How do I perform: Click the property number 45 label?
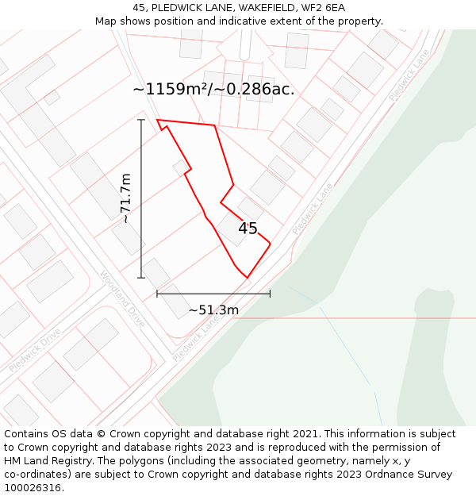coord(248,229)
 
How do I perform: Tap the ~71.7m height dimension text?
coord(125,198)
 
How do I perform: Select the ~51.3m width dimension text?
coord(213,310)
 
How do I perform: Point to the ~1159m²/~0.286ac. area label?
coord(213,89)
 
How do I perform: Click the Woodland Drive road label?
coord(122,299)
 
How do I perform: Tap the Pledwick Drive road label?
coord(35,351)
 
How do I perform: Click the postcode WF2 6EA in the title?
coord(324,8)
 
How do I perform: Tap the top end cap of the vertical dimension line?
coord(141,120)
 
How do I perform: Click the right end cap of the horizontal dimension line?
coord(270,294)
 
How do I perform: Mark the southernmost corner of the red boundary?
coord(248,278)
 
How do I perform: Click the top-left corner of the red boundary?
coord(157,121)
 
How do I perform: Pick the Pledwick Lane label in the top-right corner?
coord(409,75)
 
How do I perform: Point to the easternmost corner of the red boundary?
coord(271,243)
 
